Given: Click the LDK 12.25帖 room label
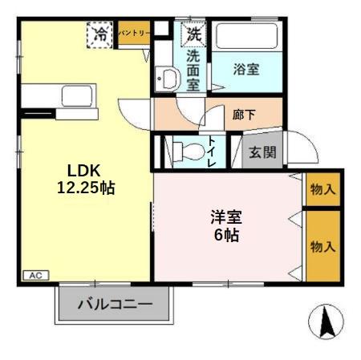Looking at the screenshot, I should (84, 180).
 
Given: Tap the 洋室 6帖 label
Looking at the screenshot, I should (225, 226).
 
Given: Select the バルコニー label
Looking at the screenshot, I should (115, 305).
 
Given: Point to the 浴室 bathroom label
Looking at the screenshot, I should (246, 69).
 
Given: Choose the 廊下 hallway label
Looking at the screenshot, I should (245, 115).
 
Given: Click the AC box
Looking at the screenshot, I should (34, 275).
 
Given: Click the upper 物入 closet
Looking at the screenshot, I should (323, 190).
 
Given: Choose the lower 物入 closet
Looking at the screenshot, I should (323, 246).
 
